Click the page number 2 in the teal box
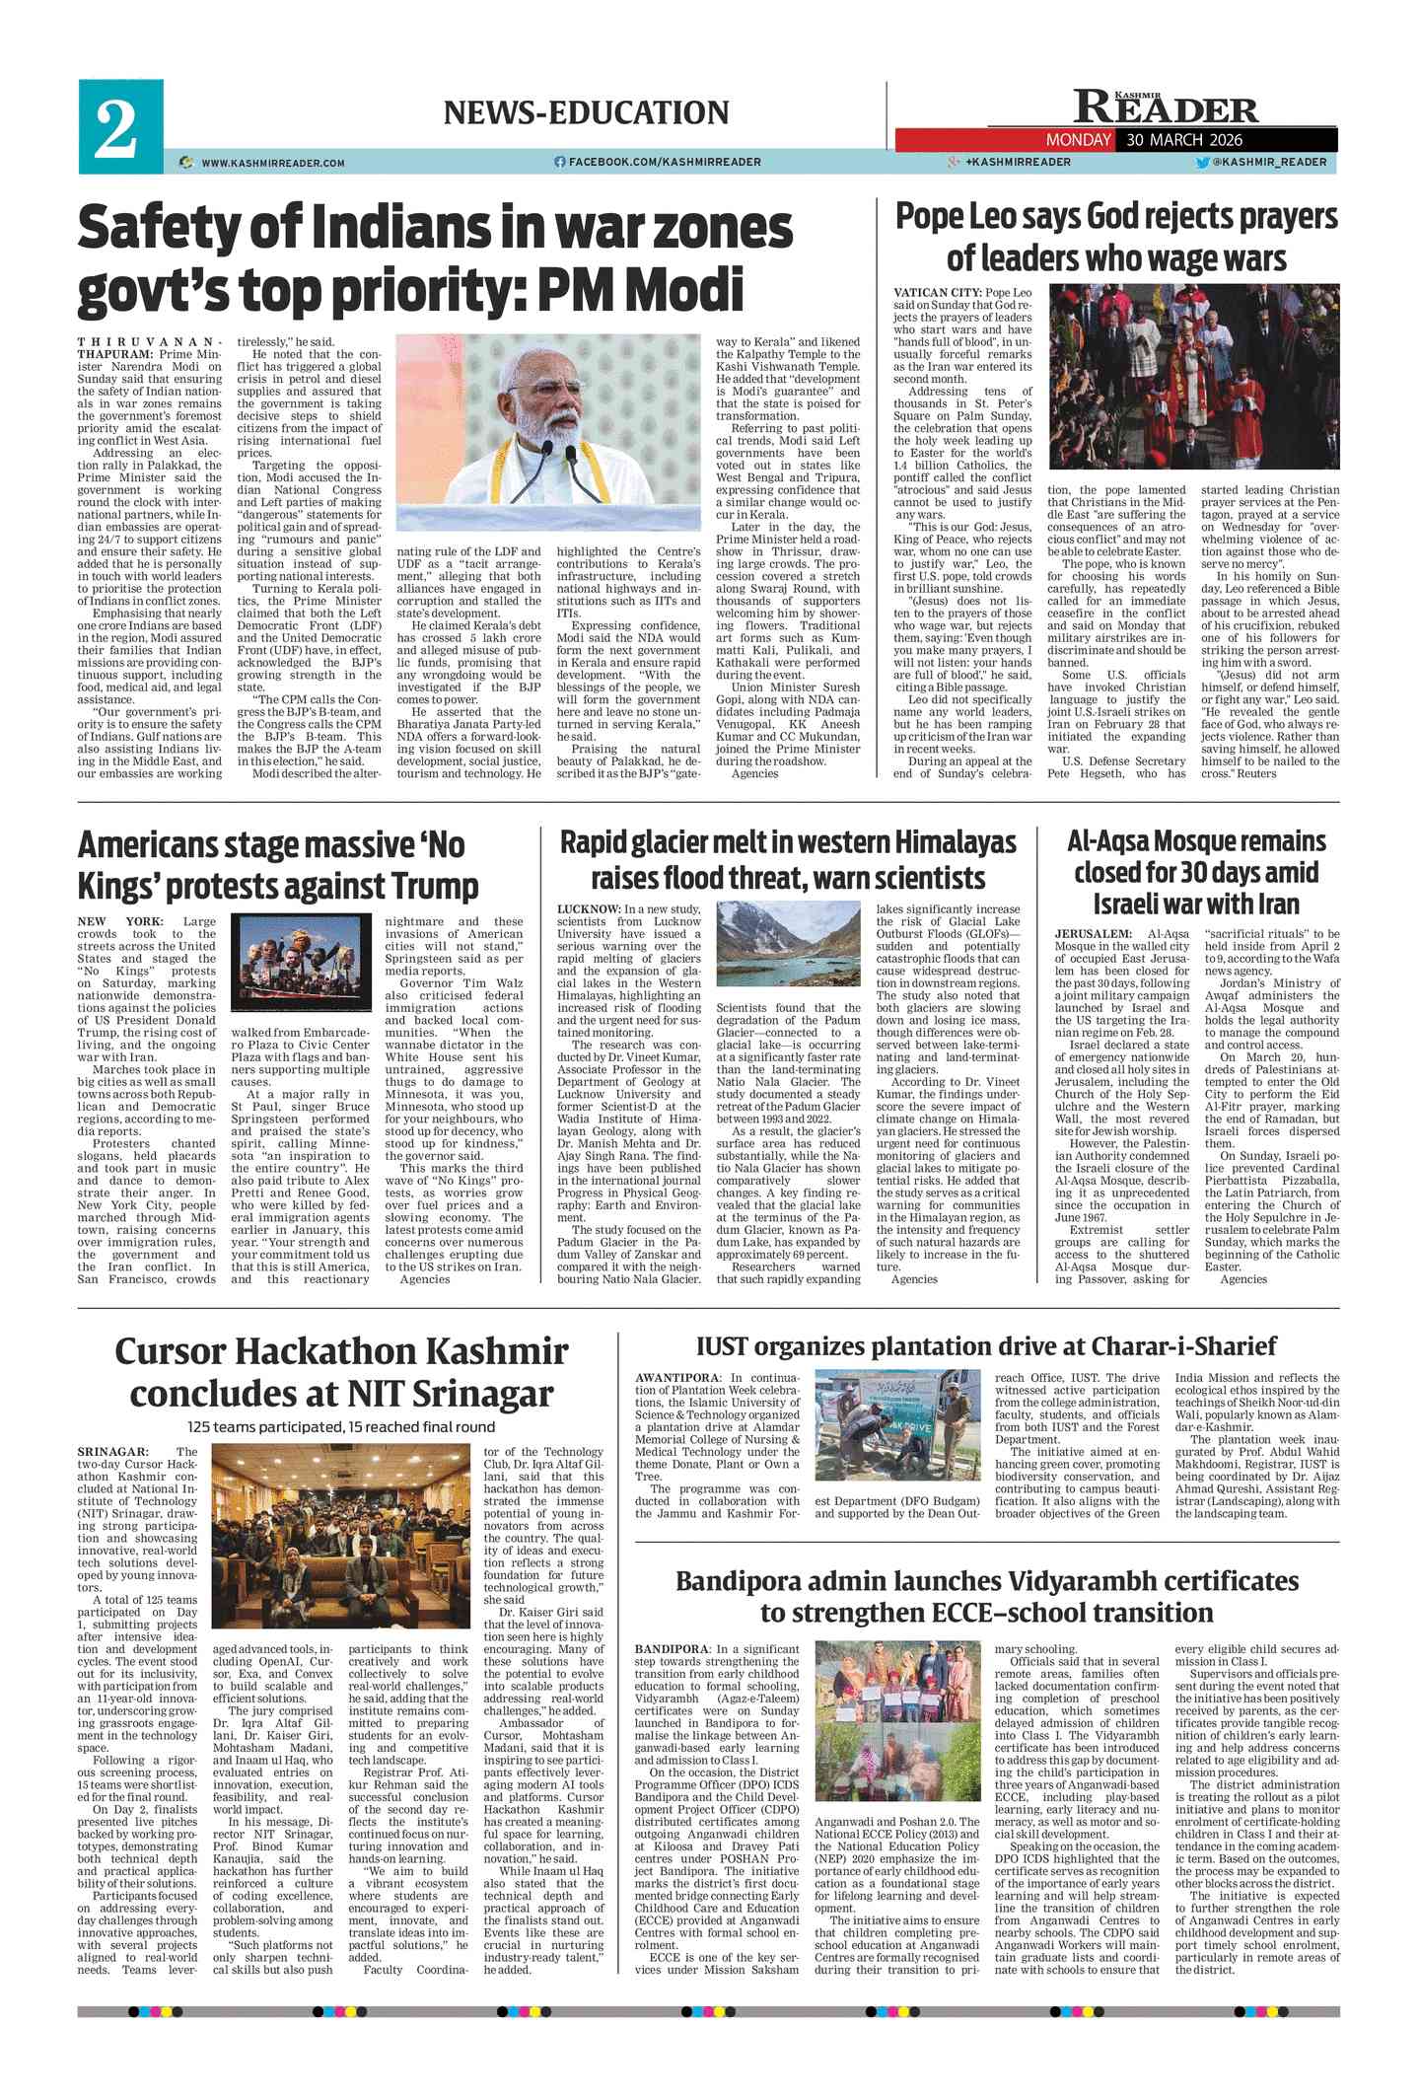tap(116, 128)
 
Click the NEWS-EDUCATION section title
tap(586, 112)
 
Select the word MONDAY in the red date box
tap(1078, 140)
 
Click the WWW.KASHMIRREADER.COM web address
tap(272, 163)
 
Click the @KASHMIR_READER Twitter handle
tap(1268, 162)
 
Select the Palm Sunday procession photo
tap(1192, 376)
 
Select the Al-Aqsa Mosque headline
tap(1195, 872)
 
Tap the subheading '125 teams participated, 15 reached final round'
tap(341, 1426)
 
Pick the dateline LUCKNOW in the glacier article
tap(589, 908)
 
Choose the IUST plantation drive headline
tap(985, 1346)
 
